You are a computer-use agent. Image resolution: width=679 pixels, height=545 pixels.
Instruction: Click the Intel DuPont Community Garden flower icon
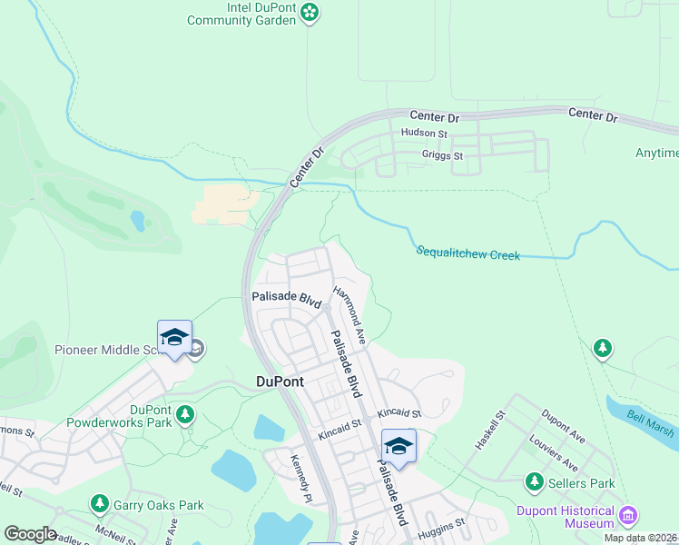click(310, 12)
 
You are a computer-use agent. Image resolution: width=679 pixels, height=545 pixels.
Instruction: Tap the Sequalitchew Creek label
click(468, 253)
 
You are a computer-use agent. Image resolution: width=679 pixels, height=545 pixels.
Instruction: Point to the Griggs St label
click(442, 155)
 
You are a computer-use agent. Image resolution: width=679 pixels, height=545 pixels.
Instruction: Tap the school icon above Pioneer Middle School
click(174, 338)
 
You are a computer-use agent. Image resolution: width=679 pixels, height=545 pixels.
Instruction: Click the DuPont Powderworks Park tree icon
click(185, 415)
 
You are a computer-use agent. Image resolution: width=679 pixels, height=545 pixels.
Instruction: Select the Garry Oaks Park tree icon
click(99, 503)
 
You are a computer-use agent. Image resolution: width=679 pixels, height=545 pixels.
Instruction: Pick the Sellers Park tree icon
click(535, 482)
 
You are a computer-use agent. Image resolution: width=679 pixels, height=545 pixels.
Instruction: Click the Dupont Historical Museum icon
click(627, 518)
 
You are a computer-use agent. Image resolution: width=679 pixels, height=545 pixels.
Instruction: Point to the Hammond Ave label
click(349, 314)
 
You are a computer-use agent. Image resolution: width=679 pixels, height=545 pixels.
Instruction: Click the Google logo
click(30, 534)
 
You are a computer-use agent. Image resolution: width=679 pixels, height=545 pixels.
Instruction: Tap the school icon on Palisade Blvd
click(398, 446)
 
